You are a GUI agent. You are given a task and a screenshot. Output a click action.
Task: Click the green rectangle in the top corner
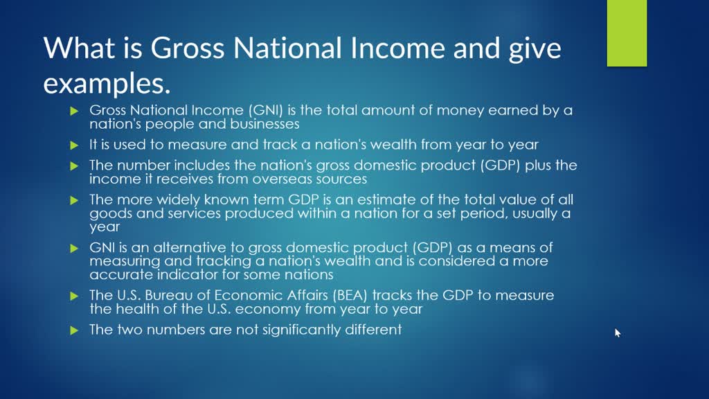click(627, 33)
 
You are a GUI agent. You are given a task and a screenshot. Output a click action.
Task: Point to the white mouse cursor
click(618, 333)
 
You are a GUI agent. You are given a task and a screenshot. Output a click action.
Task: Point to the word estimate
click(404, 199)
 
